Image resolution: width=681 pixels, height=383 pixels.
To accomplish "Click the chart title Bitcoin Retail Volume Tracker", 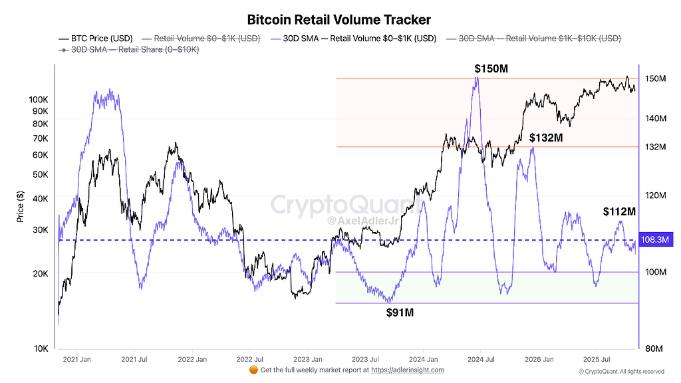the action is click(339, 19).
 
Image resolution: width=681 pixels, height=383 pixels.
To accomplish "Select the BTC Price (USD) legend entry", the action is click(96, 39).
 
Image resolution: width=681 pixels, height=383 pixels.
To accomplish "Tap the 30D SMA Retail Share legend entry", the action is click(129, 49).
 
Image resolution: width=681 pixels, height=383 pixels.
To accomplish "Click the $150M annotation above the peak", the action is click(491, 68).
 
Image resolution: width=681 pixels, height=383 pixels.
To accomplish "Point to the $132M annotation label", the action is click(546, 138).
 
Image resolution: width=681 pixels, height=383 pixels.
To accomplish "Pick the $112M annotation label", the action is click(619, 211).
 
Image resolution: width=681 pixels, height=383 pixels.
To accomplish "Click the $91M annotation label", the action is click(400, 313).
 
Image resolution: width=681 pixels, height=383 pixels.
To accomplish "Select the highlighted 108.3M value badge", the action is click(655, 239).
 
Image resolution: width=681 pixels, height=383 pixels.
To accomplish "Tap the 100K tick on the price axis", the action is click(39, 100).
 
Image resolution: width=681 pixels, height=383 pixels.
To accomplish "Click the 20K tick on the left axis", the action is click(41, 273).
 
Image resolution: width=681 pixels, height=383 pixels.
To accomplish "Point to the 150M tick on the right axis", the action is click(655, 78).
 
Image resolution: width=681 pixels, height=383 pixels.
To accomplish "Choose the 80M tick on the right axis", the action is click(654, 348).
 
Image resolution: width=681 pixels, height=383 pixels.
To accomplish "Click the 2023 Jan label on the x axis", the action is click(308, 359).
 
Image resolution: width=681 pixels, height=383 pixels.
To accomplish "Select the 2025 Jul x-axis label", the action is click(597, 359).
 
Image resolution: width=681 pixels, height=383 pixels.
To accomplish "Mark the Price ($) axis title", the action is click(20, 207).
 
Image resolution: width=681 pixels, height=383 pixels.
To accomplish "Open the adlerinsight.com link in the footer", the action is click(408, 370).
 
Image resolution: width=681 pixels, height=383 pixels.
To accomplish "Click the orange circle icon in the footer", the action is click(253, 370).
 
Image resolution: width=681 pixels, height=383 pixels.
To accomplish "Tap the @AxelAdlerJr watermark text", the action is click(362, 221).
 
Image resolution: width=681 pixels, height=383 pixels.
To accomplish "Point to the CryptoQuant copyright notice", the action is click(622, 371).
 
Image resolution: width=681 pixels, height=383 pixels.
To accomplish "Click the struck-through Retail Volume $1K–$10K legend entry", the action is click(534, 39).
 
